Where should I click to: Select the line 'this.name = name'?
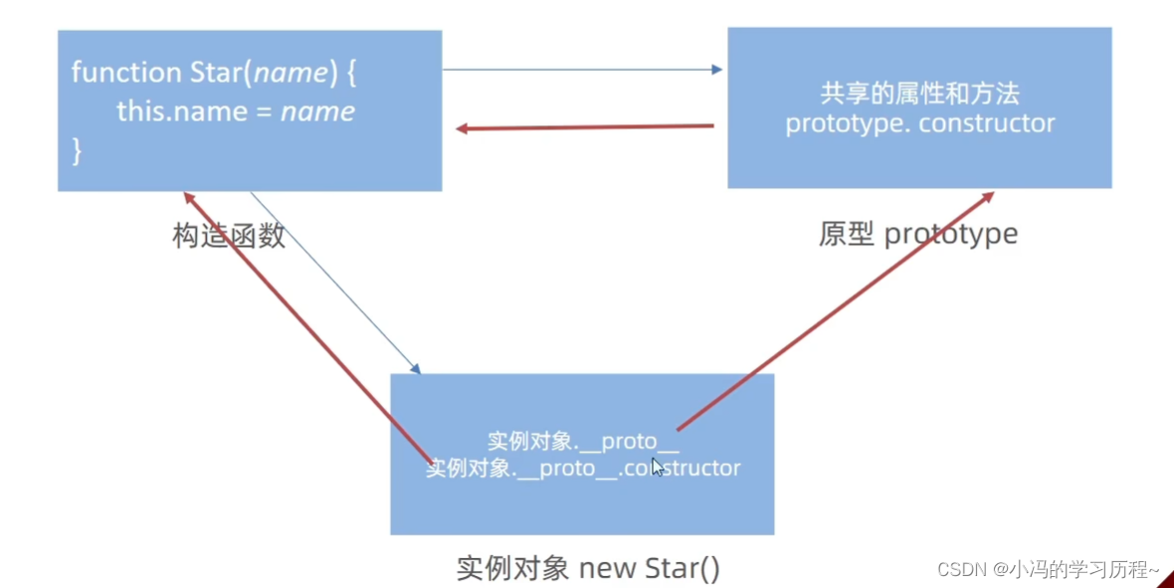(x=236, y=111)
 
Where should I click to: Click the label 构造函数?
(x=229, y=235)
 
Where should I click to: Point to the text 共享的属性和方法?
(x=919, y=95)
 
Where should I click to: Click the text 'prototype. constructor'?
(x=919, y=123)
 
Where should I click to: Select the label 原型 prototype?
(x=918, y=234)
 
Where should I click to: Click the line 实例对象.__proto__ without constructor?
(x=583, y=442)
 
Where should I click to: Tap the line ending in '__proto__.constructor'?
(x=583, y=468)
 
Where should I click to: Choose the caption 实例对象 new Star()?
(x=588, y=568)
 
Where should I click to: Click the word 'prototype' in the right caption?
(x=950, y=234)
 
